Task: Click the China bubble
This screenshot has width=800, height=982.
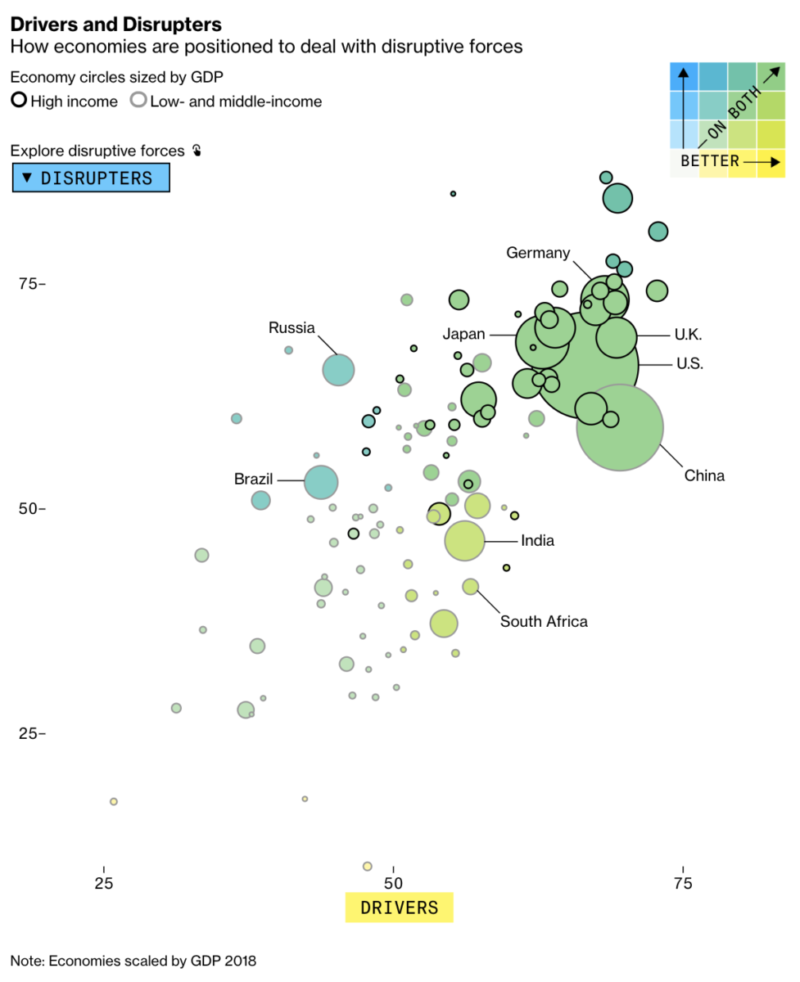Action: [620, 426]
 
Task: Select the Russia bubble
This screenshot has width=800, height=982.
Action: [338, 370]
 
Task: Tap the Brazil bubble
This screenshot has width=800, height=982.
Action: [321, 481]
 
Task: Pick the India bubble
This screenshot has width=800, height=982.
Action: [465, 541]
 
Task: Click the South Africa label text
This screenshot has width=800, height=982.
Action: [544, 622]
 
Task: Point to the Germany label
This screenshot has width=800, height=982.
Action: [538, 253]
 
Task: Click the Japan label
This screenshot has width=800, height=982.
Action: [464, 334]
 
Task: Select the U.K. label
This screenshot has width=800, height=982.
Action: [688, 334]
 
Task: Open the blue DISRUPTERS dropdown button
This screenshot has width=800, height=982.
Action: [91, 178]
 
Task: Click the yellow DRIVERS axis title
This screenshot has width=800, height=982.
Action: [400, 908]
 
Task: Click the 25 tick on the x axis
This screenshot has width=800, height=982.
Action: [104, 883]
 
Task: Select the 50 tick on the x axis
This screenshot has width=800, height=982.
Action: [394, 883]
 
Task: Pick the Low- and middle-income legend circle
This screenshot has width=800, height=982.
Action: [139, 101]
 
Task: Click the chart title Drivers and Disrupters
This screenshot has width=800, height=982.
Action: [115, 25]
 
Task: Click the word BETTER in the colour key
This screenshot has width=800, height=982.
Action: [710, 161]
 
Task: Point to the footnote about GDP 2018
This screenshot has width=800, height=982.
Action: [139, 961]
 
